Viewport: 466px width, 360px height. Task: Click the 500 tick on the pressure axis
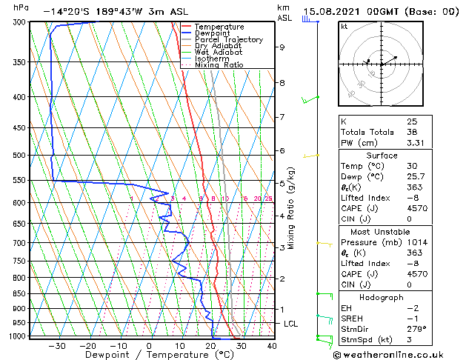click(19, 156)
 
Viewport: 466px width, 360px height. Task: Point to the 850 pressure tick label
click(19, 294)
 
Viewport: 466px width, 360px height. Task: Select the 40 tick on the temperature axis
click(272, 345)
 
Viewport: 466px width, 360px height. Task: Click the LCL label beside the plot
click(291, 324)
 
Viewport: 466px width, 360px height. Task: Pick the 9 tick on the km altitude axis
click(282, 47)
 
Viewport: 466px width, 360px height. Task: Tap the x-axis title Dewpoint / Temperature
click(149, 355)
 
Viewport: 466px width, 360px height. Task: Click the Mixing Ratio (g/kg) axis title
click(292, 207)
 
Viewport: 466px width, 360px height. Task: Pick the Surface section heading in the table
click(382, 155)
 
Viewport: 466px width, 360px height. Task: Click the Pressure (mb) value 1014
click(417, 241)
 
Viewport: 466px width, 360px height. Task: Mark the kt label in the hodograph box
click(344, 26)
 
